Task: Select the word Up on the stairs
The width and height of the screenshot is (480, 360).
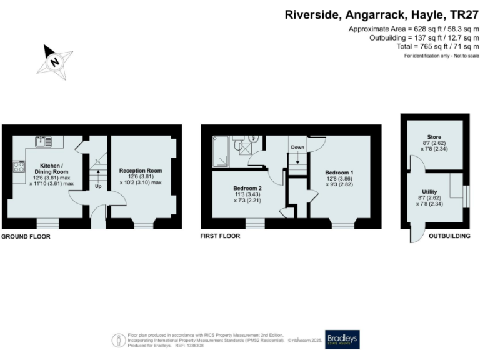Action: tap(98, 186)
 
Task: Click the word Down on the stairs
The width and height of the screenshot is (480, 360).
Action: tap(297, 148)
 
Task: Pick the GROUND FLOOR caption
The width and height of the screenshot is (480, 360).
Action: tap(26, 237)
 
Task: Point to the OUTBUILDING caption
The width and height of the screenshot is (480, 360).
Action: tap(447, 237)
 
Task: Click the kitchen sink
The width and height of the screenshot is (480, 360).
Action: tap(44, 141)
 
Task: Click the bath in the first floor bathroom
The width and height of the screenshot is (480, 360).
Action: tap(220, 151)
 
